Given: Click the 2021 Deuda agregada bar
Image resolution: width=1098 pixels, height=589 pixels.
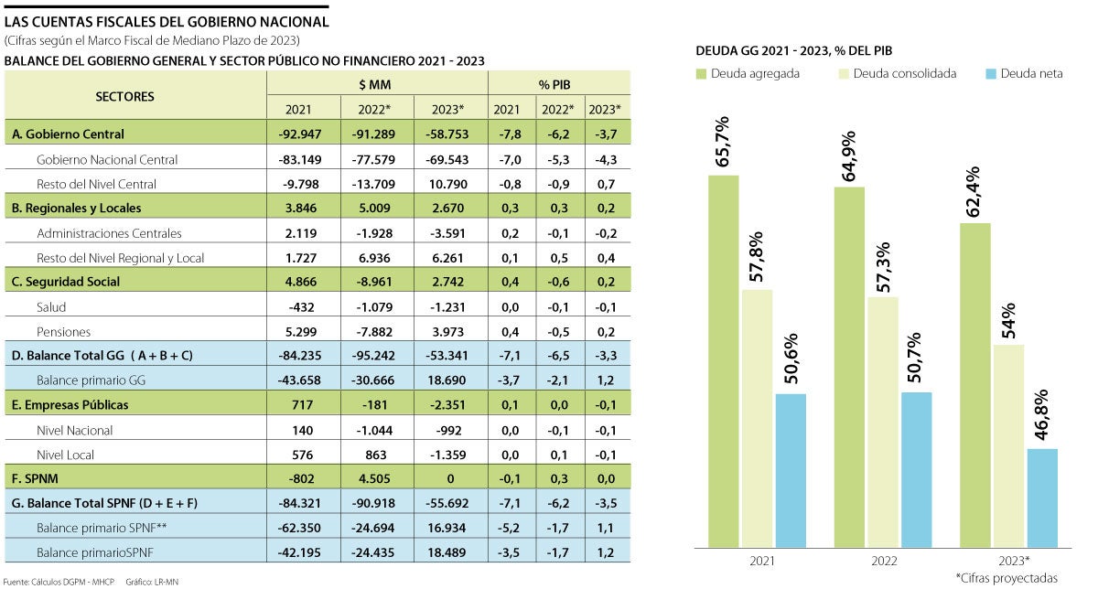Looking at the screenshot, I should pos(723,360).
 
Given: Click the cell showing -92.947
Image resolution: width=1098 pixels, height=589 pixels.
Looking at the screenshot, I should pos(298,134).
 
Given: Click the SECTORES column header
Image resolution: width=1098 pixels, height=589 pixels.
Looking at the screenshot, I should pos(125,96).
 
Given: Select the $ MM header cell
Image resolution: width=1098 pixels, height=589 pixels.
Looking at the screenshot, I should pos(377,84).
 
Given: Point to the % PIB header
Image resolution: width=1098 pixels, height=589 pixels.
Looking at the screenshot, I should pos(559,84).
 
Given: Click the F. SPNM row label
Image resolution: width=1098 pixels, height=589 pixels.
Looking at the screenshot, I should pos(37,478).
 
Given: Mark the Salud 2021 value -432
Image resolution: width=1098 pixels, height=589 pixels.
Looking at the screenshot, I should pos(298,306).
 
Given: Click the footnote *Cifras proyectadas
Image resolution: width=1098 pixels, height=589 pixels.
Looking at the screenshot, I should pos(1006,578).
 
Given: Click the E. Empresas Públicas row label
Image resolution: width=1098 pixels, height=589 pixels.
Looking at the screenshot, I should pos(70,405).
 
